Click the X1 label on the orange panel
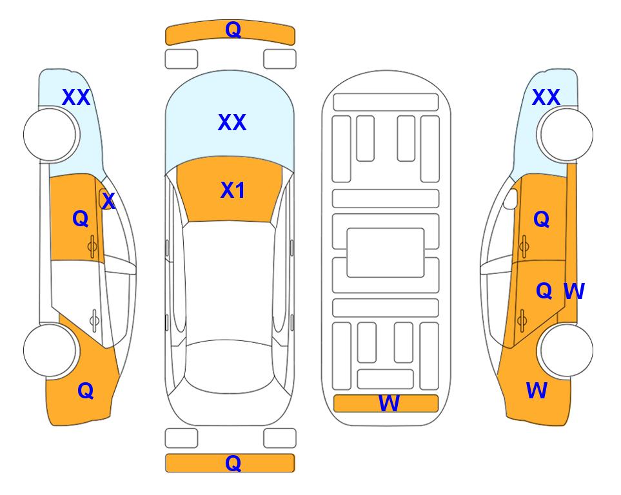233,190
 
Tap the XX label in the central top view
232,122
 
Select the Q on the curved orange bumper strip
233,29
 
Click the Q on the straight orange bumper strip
233,463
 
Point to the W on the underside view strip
389,403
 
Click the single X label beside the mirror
108,201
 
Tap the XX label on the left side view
76,97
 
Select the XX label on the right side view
546,97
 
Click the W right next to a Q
574,291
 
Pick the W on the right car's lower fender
537,391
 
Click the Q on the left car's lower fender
86,391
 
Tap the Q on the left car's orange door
81,218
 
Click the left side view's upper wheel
50,135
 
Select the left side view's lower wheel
50,350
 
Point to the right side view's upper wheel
566,135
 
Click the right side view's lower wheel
566,350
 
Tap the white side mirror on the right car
511,199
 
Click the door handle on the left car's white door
94,320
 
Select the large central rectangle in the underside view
386,253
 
